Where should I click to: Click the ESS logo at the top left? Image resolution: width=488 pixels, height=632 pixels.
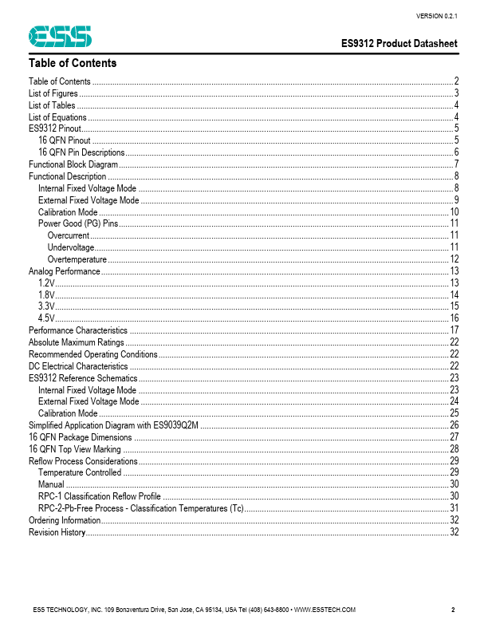pyautogui.click(x=61, y=36)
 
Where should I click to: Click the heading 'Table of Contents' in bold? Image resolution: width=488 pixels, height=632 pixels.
pyautogui.click(x=73, y=63)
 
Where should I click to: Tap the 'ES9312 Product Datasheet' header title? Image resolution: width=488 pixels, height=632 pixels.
pyautogui.click(x=399, y=44)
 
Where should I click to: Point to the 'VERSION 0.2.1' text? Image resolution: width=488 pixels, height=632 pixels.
pyautogui.click(x=437, y=15)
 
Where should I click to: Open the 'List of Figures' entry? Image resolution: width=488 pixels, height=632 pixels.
pyautogui.click(x=53, y=93)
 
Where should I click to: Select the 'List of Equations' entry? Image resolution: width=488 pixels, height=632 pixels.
pyautogui.click(x=57, y=117)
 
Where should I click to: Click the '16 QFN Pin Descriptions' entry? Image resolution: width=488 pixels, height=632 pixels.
pyautogui.click(x=81, y=152)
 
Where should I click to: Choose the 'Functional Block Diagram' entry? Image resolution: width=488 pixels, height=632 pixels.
pyautogui.click(x=73, y=164)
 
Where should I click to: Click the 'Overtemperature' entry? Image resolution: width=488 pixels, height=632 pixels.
pyautogui.click(x=77, y=259)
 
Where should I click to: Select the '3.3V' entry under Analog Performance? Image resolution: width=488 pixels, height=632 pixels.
pyautogui.click(x=46, y=306)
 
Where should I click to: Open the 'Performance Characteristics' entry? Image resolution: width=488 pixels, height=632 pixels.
pyautogui.click(x=78, y=330)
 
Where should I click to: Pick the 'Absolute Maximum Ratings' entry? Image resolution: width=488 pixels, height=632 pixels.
pyautogui.click(x=77, y=342)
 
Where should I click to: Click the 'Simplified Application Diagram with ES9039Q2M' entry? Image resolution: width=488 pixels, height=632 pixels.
pyautogui.click(x=113, y=425)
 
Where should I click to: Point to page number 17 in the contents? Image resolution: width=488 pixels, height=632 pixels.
pyautogui.click(x=454, y=330)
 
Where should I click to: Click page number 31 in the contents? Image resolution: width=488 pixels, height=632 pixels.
pyautogui.click(x=454, y=508)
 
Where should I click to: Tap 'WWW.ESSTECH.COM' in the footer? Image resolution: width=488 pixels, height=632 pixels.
pyautogui.click(x=325, y=610)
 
